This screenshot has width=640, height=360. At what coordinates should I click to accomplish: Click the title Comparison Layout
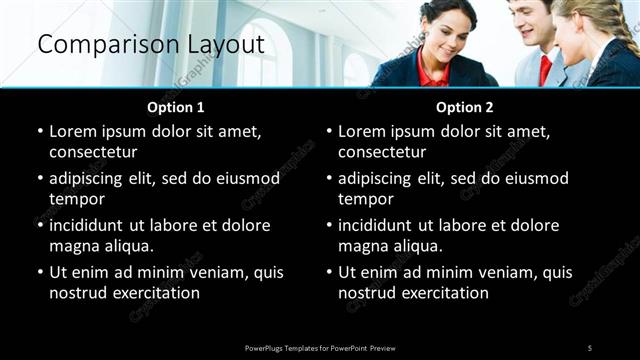[x=150, y=45]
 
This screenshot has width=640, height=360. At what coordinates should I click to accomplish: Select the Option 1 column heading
[x=176, y=106]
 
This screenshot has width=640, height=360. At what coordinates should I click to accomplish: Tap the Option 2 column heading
[x=465, y=106]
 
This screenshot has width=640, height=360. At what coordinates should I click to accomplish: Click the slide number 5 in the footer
[x=589, y=347]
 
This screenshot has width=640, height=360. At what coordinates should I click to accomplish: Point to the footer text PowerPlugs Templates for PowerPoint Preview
[x=320, y=347]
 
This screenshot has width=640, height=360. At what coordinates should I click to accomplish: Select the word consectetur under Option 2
[x=382, y=152]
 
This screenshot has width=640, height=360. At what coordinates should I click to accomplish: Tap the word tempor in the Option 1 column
[x=76, y=199]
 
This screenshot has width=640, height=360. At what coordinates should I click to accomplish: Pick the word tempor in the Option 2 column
[x=365, y=199]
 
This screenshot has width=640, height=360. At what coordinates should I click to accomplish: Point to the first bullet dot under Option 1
[x=40, y=131]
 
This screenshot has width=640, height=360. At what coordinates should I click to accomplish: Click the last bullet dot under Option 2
[x=329, y=272]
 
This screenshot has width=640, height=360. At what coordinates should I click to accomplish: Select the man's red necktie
[x=545, y=69]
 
